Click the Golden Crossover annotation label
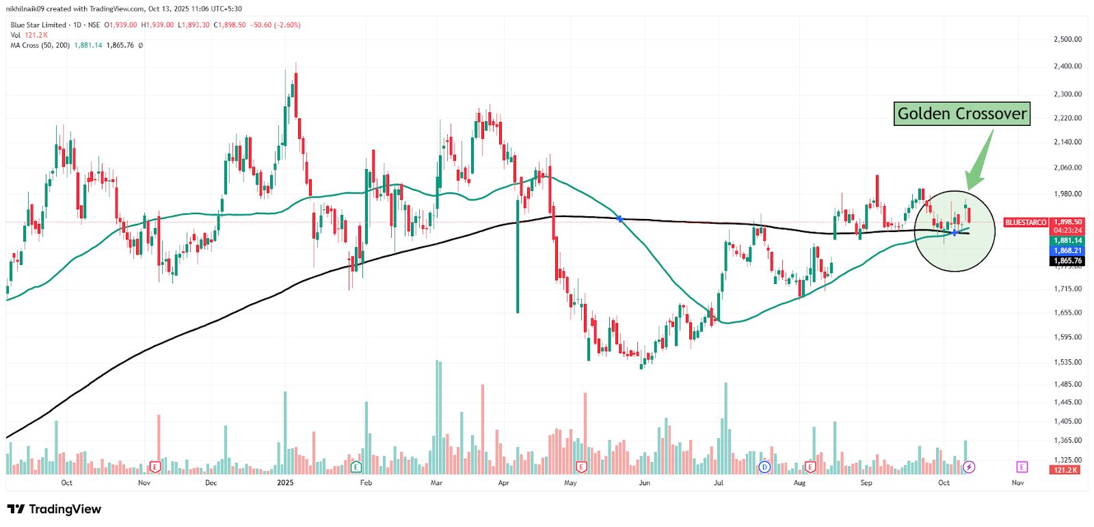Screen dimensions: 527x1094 [961, 114]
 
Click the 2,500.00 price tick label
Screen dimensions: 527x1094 [1067, 40]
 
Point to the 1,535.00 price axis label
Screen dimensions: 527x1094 [1067, 362]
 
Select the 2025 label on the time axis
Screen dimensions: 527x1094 [285, 483]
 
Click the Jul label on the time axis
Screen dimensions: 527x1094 [718, 483]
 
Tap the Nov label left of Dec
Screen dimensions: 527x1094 [144, 483]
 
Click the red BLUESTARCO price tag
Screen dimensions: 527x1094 [1026, 222]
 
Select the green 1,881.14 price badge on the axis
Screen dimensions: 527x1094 [1067, 241]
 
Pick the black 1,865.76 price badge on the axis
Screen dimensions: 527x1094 [1067, 261]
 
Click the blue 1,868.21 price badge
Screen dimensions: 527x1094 [1067, 251]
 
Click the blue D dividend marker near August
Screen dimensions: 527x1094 [764, 467]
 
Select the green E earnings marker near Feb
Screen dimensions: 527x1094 [356, 467]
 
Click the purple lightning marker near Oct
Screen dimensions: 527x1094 [969, 467]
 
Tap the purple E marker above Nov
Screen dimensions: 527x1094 [1022, 467]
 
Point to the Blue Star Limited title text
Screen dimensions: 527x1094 [38, 25]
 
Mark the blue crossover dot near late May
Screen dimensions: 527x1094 [620, 219]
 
